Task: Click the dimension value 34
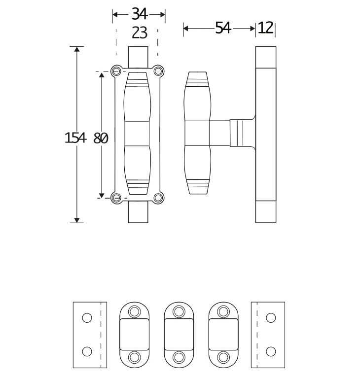[139, 14]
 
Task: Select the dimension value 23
[140, 33]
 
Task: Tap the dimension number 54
[223, 28]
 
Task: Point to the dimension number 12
[265, 28]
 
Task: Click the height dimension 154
[75, 138]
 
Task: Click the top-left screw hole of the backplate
[117, 71]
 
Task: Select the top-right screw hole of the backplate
[158, 71]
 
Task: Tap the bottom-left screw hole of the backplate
[117, 198]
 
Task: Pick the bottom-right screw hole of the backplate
[158, 198]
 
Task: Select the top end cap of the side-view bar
[266, 56]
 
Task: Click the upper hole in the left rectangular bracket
[87, 318]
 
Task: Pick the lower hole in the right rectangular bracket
[270, 351]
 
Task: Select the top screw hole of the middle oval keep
[179, 311]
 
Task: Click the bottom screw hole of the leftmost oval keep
[135, 357]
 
